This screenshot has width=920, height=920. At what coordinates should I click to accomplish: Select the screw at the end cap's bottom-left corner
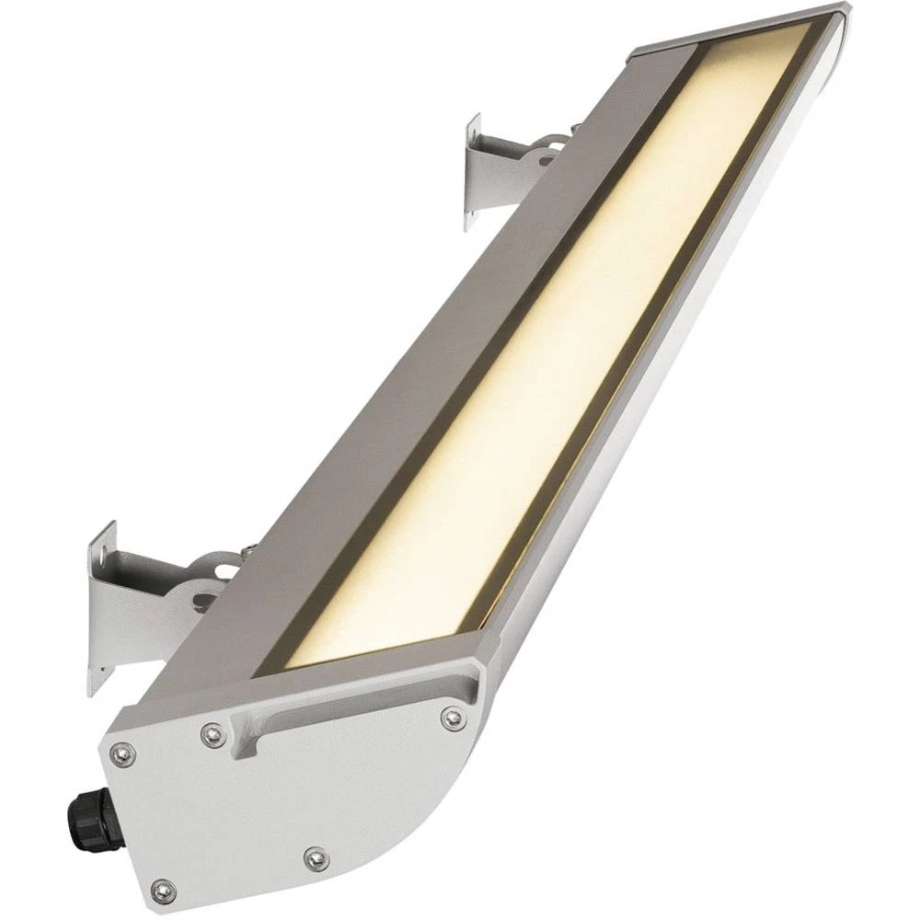pyautogui.click(x=163, y=888)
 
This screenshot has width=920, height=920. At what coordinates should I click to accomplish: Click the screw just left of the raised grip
pyautogui.click(x=213, y=733)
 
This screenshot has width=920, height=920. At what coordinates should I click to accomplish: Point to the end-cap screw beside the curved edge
pyautogui.click(x=316, y=859)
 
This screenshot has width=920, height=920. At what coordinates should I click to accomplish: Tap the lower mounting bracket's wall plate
pyautogui.click(x=102, y=607)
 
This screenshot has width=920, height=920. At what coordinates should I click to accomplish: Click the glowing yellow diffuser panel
pyautogui.click(x=552, y=350)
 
